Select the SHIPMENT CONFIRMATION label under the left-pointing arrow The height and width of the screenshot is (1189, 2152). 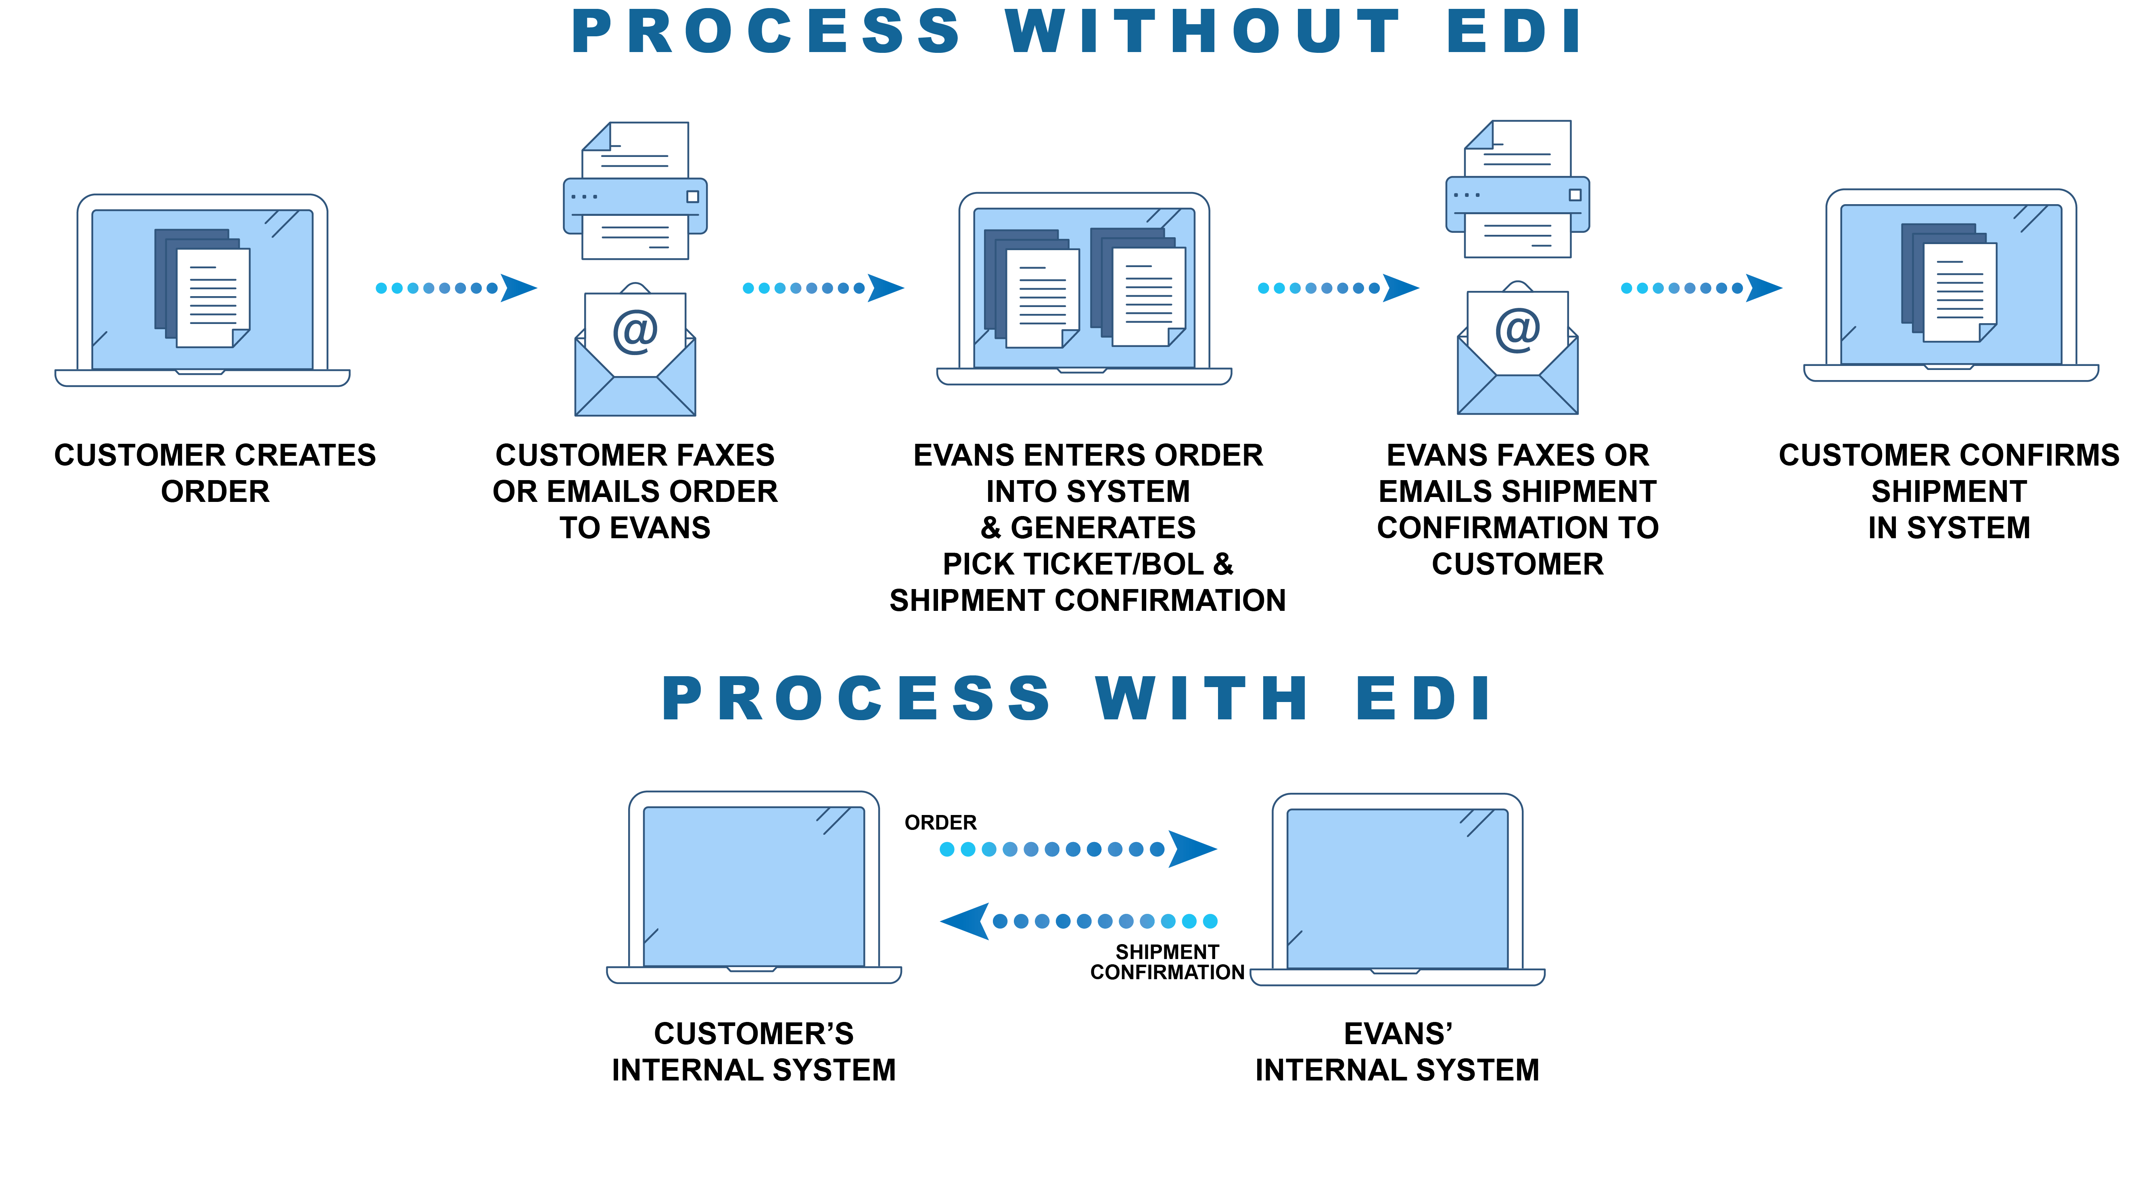[x=1167, y=963]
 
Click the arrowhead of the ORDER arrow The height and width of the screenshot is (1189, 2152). [x=1191, y=849]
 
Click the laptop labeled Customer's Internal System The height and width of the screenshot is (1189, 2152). [x=754, y=887]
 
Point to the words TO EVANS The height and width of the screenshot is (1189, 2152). [x=635, y=528]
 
